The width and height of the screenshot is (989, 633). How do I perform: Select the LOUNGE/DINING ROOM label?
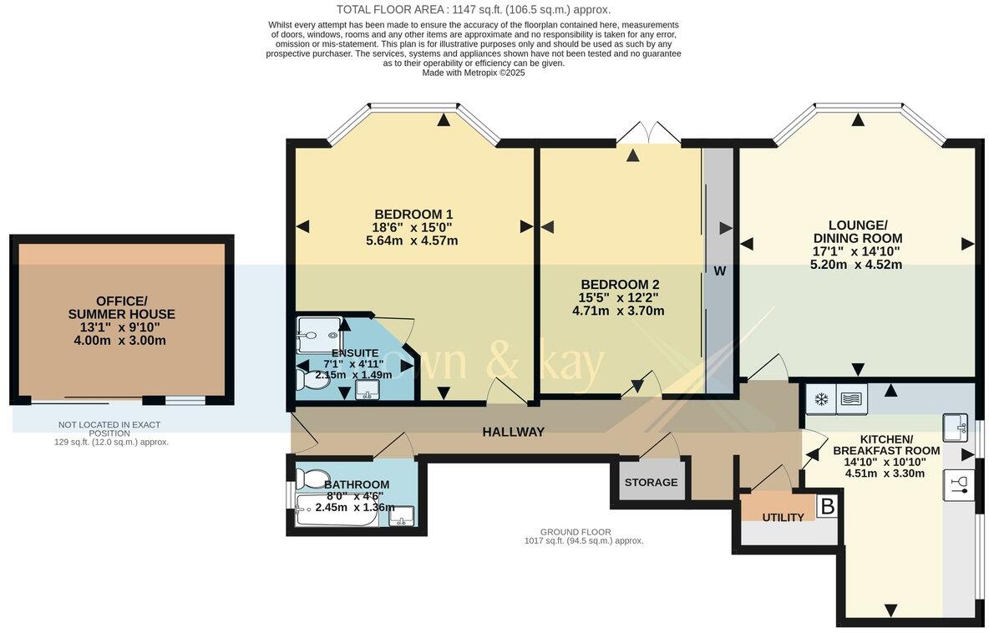click(857, 231)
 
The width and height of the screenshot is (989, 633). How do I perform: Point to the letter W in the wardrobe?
click(719, 271)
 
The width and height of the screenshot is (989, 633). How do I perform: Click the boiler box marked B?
click(827, 506)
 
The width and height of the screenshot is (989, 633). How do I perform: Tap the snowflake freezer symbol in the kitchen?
click(821, 399)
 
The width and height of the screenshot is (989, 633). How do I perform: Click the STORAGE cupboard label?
click(652, 483)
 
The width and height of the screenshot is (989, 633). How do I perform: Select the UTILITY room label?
click(783, 518)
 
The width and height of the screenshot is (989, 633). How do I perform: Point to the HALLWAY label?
click(513, 432)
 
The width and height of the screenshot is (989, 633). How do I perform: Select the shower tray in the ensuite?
click(318, 335)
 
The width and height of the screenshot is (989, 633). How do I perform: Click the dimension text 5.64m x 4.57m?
click(412, 241)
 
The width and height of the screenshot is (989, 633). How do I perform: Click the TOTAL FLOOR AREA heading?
click(473, 10)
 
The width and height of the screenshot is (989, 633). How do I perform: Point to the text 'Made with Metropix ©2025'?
click(473, 73)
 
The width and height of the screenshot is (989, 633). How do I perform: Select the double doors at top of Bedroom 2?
click(647, 134)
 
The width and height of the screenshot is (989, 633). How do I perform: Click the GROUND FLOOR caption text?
click(575, 532)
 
